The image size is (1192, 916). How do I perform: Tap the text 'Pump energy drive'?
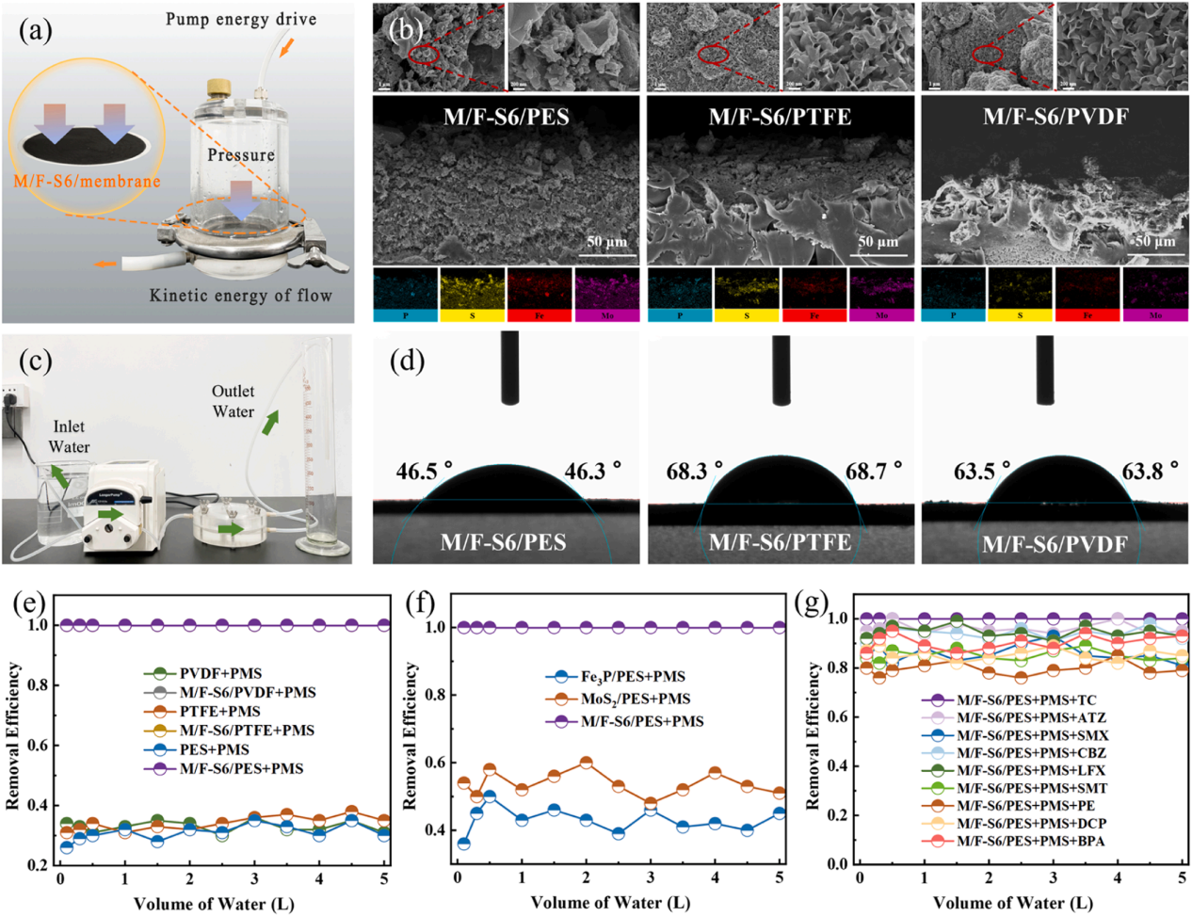pos(241,19)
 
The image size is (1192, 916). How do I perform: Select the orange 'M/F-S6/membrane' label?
pos(87,181)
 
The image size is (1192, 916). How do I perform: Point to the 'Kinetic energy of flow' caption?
pos(241,296)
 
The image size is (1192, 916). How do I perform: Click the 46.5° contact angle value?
pos(424,471)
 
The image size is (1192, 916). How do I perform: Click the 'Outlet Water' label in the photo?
pos(233,401)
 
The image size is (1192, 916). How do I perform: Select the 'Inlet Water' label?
pos(69,437)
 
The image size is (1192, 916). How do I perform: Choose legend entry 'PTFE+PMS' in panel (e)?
pos(219,712)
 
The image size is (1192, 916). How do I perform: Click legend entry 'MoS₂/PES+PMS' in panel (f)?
pos(635,699)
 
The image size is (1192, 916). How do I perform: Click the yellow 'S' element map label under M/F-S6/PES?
pos(473,315)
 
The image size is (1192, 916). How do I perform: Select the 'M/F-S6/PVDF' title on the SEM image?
pos(1055,117)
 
